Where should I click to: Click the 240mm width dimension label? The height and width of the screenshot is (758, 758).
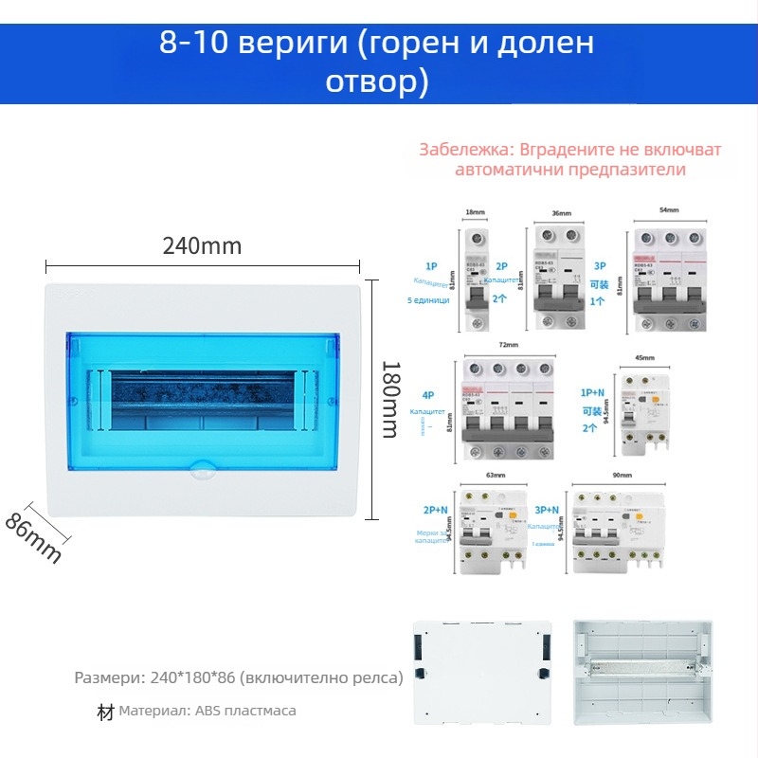pos(202,246)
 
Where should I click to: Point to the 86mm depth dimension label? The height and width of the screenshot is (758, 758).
pos(33,537)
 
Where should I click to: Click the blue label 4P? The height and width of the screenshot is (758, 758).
pos(428,395)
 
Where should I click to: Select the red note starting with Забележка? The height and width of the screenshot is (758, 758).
pos(569,160)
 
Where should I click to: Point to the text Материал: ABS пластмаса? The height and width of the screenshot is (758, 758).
pos(207,711)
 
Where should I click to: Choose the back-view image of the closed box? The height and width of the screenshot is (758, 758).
pos(482,673)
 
